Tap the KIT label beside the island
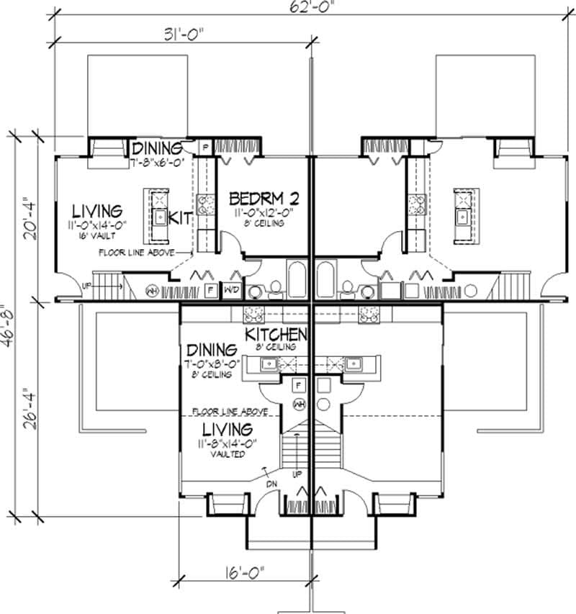[x=179, y=217]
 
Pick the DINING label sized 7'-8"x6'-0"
[x=158, y=149]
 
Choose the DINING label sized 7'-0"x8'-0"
[x=211, y=349]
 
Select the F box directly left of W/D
[x=211, y=291]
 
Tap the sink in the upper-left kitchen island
[x=158, y=215]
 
